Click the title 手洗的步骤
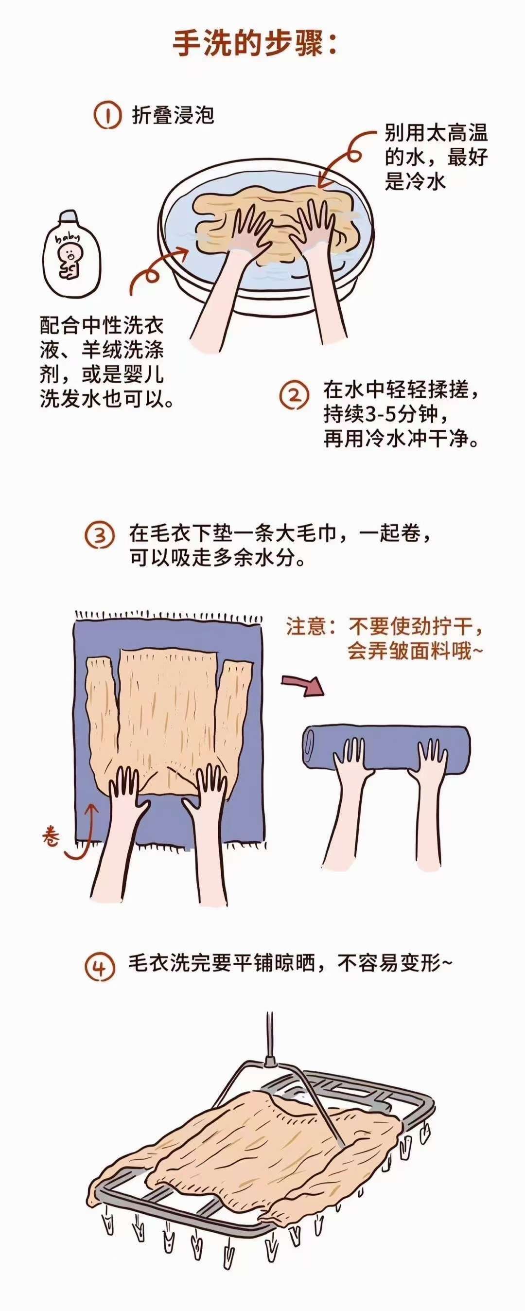[254, 45]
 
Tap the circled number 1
[107, 116]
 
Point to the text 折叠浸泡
[173, 115]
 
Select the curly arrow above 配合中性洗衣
[153, 270]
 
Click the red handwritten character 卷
[52, 834]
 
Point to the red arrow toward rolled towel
[303, 685]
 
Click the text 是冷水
[415, 181]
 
